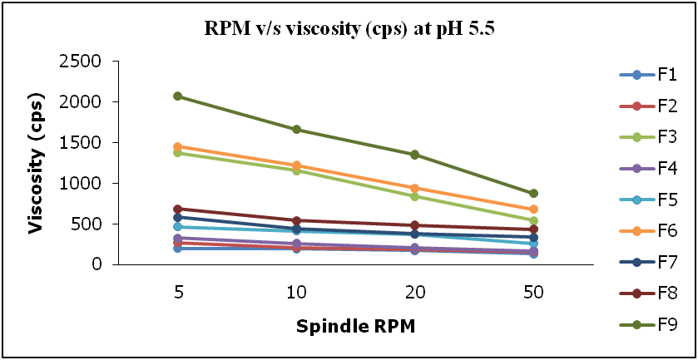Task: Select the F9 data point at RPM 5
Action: (x=178, y=96)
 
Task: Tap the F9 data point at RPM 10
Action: (x=297, y=130)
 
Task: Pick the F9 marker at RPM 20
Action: (x=415, y=155)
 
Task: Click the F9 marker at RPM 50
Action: (x=534, y=194)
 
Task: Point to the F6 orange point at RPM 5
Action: (x=178, y=146)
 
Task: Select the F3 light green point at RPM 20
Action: (x=415, y=196)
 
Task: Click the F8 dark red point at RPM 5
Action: (x=178, y=209)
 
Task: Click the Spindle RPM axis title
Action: (x=356, y=326)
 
